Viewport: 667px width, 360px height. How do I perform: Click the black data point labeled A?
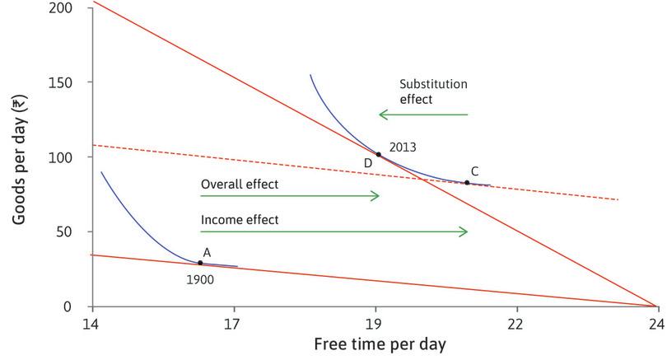click(200, 263)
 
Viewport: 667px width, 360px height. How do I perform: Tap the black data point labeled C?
click(467, 183)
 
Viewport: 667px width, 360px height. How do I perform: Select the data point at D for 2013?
click(379, 154)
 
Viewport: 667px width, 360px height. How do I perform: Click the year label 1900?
click(201, 279)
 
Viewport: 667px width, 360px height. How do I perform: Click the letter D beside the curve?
click(367, 163)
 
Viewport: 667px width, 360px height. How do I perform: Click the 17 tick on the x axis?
click(235, 322)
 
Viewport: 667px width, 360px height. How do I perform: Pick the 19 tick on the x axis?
click(375, 322)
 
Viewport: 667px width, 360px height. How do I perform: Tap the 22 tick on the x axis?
click(516, 322)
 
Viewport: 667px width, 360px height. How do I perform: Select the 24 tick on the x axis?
click(655, 322)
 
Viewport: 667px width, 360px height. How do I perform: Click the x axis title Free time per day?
click(375, 344)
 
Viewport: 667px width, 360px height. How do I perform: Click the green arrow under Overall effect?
click(290, 196)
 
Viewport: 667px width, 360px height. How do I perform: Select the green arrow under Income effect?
click(334, 232)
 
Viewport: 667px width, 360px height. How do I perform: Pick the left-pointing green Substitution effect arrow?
click(422, 115)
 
